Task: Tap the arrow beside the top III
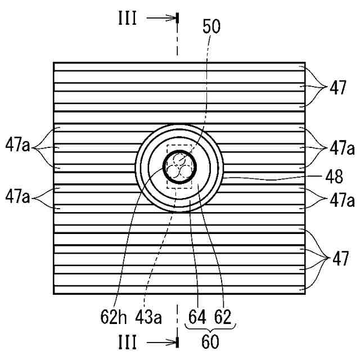pyautogui.click(x=162, y=18)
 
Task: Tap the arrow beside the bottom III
pyautogui.click(x=162, y=341)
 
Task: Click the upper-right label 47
pyautogui.click(x=337, y=88)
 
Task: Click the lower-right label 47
pyautogui.click(x=337, y=260)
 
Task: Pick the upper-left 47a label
pyautogui.click(x=18, y=149)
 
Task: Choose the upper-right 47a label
pyautogui.click(x=342, y=149)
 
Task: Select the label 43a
pyautogui.click(x=148, y=318)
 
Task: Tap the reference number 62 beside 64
pyautogui.click(x=222, y=318)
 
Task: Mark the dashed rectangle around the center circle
pyautogui.click(x=168, y=180)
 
